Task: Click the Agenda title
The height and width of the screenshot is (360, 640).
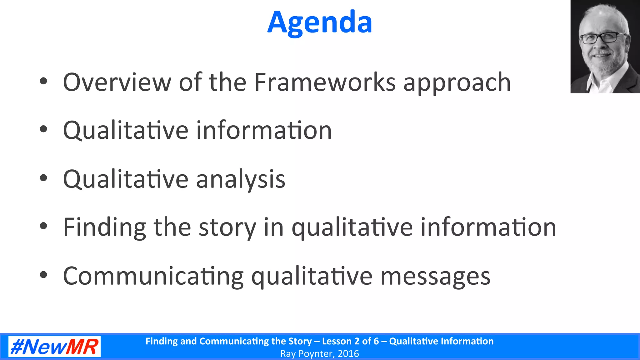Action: [320, 22]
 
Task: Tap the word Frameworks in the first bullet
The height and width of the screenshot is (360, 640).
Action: [325, 82]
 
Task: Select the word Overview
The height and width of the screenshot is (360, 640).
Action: [117, 82]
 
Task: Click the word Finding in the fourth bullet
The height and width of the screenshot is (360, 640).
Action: [104, 227]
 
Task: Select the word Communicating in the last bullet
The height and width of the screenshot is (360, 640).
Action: [153, 276]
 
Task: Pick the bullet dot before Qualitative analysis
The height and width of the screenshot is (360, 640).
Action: [43, 178]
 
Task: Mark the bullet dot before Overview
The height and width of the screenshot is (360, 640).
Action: [43, 81]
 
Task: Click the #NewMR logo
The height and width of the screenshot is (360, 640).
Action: [54, 347]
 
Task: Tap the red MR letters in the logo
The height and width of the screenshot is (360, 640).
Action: [82, 347]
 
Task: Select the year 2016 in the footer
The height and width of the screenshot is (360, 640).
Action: [348, 354]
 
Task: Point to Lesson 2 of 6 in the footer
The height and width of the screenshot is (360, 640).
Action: [350, 341]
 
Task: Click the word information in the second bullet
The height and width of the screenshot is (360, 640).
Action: [264, 131]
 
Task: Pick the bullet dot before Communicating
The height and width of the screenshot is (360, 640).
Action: [43, 275]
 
